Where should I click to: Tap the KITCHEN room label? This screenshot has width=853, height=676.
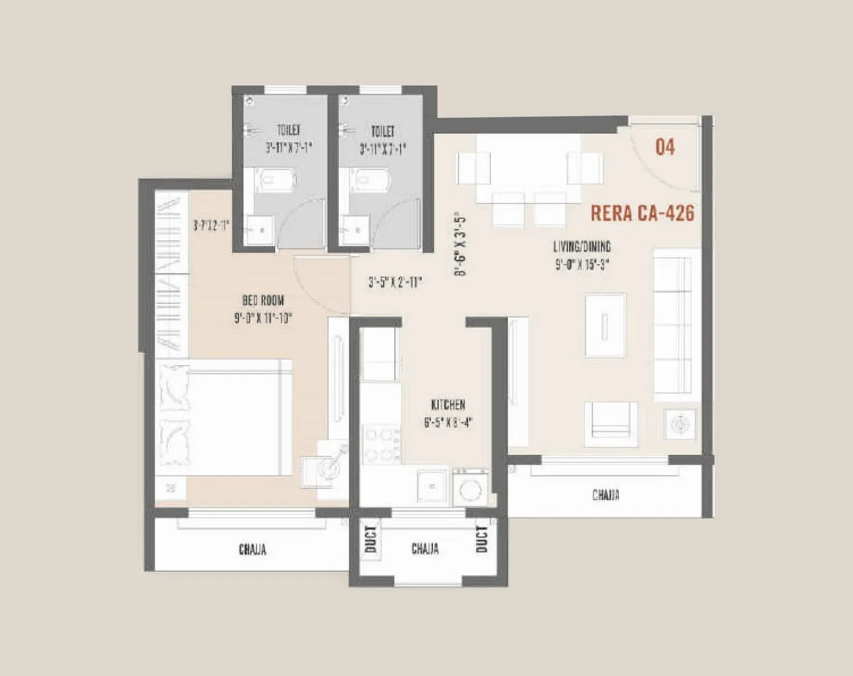(x=448, y=404)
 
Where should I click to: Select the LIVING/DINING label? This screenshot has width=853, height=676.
(x=582, y=246)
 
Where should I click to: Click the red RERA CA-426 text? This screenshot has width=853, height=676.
(x=642, y=213)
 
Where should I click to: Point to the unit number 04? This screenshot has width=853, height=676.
(x=665, y=147)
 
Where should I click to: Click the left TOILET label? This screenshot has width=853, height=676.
(x=288, y=130)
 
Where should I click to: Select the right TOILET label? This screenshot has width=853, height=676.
(x=383, y=131)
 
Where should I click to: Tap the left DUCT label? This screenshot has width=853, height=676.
(x=370, y=539)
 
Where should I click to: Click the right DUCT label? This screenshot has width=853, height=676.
(x=482, y=539)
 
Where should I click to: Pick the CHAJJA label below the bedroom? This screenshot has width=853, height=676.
(x=252, y=549)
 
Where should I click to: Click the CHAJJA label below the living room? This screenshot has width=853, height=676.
(x=605, y=496)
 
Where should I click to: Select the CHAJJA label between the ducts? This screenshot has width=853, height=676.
(x=425, y=549)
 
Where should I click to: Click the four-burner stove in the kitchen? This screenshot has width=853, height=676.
(x=381, y=444)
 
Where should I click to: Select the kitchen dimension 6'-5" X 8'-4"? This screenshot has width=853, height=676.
(x=448, y=423)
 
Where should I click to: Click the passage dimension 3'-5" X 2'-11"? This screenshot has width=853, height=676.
(x=395, y=282)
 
